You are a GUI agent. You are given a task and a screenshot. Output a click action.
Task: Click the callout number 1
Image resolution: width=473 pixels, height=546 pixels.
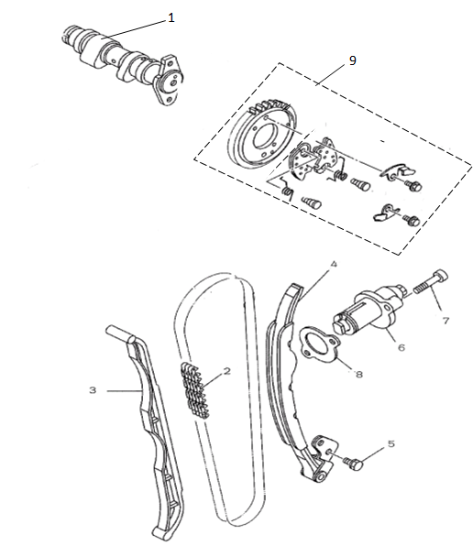point(171,17)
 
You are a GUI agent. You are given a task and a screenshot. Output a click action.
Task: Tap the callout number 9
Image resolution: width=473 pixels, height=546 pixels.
point(353,60)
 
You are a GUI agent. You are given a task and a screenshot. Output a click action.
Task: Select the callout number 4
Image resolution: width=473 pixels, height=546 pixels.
point(334,264)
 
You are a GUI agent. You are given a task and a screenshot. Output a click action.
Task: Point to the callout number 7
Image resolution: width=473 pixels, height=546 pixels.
point(445,320)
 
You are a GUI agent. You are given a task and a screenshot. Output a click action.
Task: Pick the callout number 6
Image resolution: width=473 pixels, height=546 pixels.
point(401,347)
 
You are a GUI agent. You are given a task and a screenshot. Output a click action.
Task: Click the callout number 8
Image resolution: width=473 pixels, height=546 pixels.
point(358,374)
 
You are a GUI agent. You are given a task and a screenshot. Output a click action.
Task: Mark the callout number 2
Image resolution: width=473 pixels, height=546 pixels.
point(226,371)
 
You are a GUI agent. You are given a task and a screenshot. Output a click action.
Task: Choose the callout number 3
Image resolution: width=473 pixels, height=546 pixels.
point(93,389)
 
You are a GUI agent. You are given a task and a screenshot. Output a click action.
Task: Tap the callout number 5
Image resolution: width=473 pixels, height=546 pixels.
point(391,443)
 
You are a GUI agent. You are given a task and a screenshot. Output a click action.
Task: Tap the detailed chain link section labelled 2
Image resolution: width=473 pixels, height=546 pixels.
point(195,390)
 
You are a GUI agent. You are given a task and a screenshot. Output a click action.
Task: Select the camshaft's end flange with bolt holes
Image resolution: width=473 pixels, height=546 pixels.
point(169,80)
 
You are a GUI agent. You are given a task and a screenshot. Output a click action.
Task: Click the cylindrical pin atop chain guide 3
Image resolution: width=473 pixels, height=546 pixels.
point(120,333)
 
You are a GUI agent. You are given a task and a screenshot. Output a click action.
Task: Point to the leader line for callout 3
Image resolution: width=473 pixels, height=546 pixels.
point(125,391)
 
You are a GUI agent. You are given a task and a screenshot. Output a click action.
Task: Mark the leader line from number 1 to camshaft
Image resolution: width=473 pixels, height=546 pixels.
point(134,29)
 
